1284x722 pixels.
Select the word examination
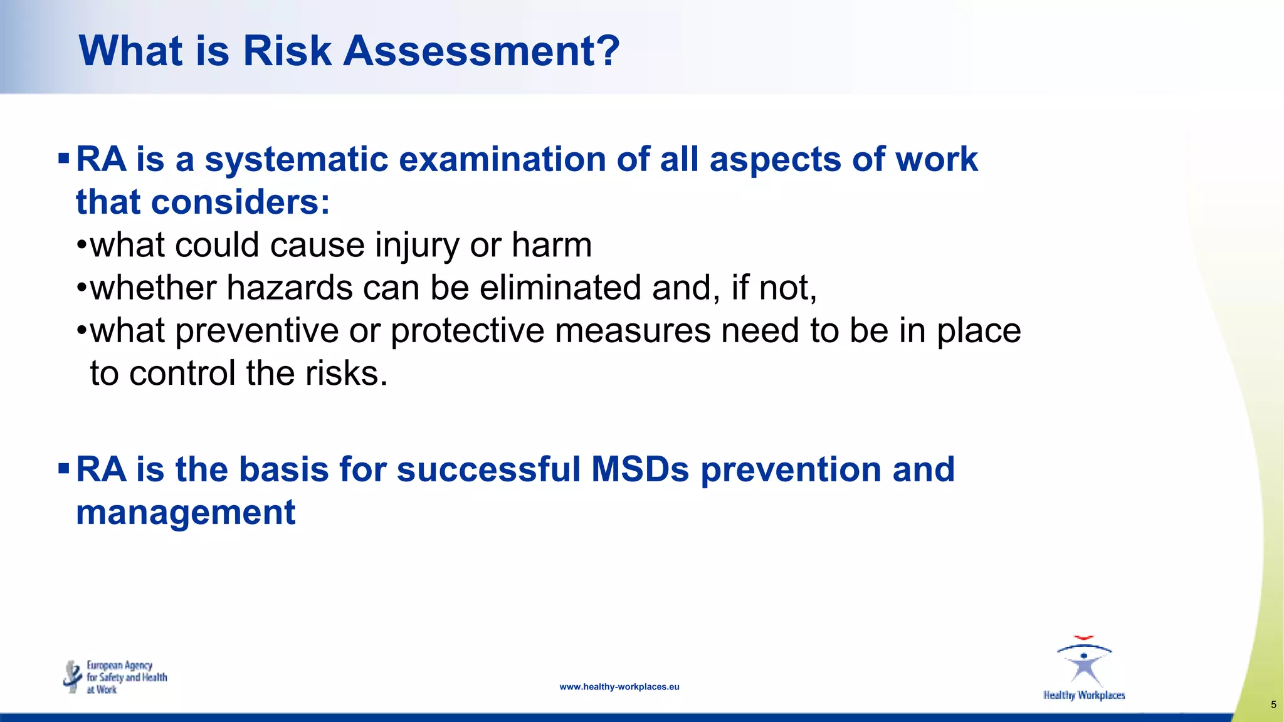pos(502,159)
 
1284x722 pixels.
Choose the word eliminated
pos(560,288)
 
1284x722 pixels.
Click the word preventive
pos(258,331)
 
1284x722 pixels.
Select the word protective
pos(467,331)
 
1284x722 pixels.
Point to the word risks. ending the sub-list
pos(346,374)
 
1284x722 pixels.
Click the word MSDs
pos(640,469)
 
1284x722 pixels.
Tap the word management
pos(186,512)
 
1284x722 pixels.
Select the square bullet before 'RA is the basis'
pos(63,468)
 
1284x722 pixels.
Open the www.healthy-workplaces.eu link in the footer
pos(619,687)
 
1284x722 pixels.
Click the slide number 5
pos(1273,704)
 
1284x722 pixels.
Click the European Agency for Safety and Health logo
pos(115,677)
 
